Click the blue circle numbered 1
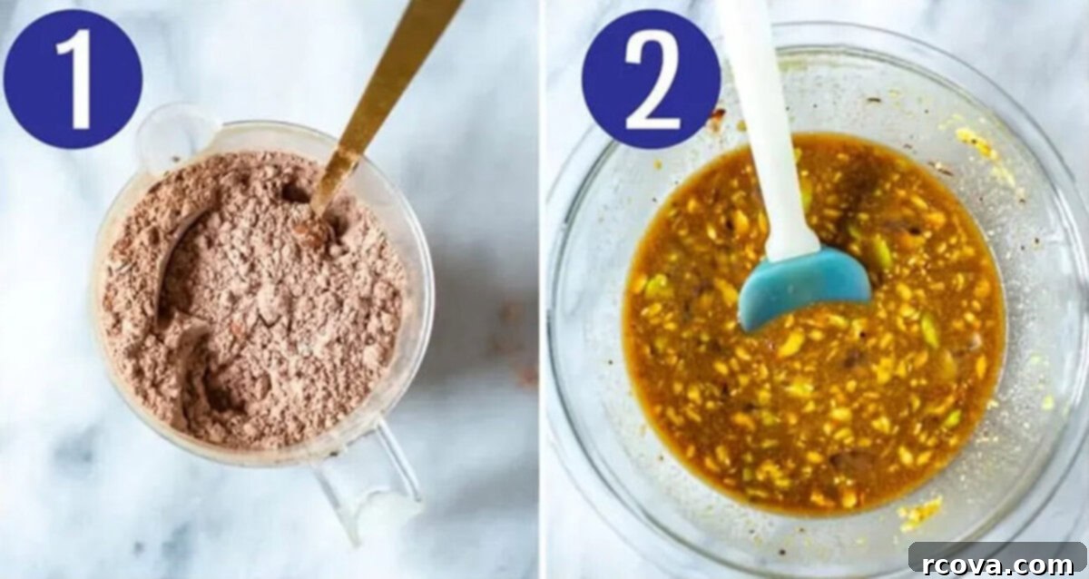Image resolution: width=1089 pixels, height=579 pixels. point(73,79)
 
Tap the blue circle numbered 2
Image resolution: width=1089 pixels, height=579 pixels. point(651,79)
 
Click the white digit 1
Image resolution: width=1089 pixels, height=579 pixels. point(78,79)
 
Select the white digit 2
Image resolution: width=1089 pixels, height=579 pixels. point(652,80)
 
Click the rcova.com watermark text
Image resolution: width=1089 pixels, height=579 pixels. point(997,564)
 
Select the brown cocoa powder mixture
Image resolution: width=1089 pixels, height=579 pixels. point(253,297)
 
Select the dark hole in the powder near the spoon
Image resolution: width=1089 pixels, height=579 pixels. point(295,193)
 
